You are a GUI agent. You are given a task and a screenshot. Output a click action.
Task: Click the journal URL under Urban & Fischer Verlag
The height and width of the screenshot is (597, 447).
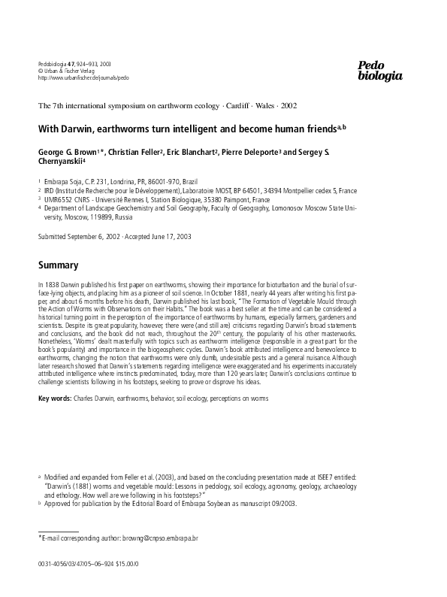point(83,77)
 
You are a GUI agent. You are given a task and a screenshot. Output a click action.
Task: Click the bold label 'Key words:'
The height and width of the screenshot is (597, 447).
point(55,396)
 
